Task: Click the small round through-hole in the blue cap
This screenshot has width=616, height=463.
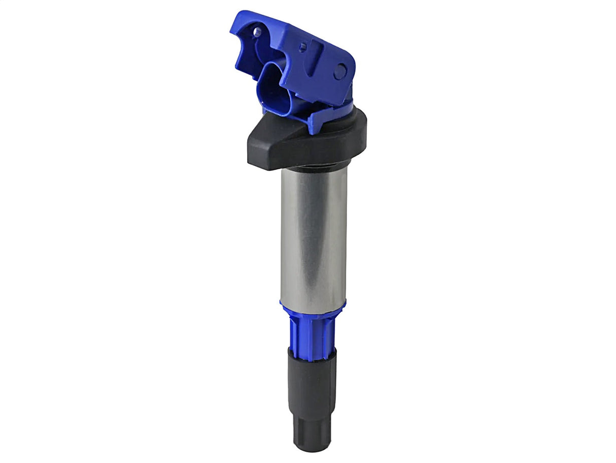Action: pos(257,33)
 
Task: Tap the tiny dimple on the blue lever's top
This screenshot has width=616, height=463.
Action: pos(302,48)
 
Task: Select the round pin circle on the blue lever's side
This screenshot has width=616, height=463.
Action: pos(340,71)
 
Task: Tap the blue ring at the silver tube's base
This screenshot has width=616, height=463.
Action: pos(313,307)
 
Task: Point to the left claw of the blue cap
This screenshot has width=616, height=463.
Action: pos(244,51)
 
